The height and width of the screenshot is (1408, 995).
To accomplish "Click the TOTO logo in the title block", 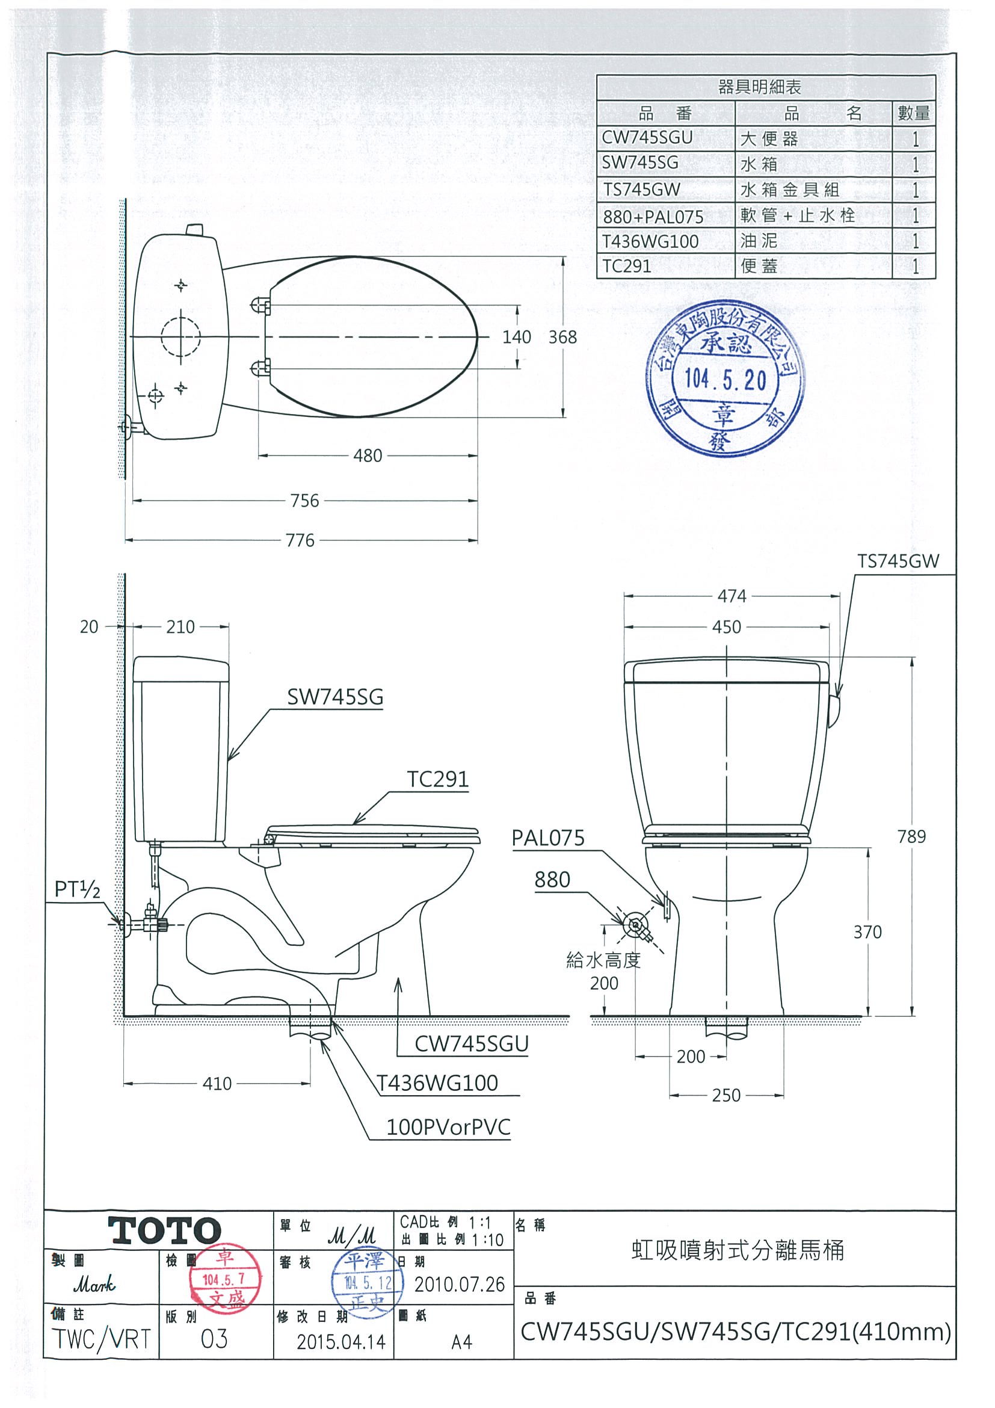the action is tap(164, 1230).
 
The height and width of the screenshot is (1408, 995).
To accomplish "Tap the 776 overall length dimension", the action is tap(300, 540).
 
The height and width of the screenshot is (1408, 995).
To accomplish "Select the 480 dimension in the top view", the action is tap(367, 455).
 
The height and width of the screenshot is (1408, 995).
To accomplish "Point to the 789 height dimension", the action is tap(911, 836).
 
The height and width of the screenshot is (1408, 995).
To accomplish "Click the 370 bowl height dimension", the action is tap(867, 932).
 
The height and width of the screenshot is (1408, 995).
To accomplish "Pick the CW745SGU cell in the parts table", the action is tap(647, 138).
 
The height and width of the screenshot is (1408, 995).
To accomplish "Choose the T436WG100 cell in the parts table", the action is tap(650, 242).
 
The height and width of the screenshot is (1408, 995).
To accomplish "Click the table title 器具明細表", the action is tap(760, 87).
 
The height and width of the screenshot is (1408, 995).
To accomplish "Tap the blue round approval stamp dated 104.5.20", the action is tap(725, 378).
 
